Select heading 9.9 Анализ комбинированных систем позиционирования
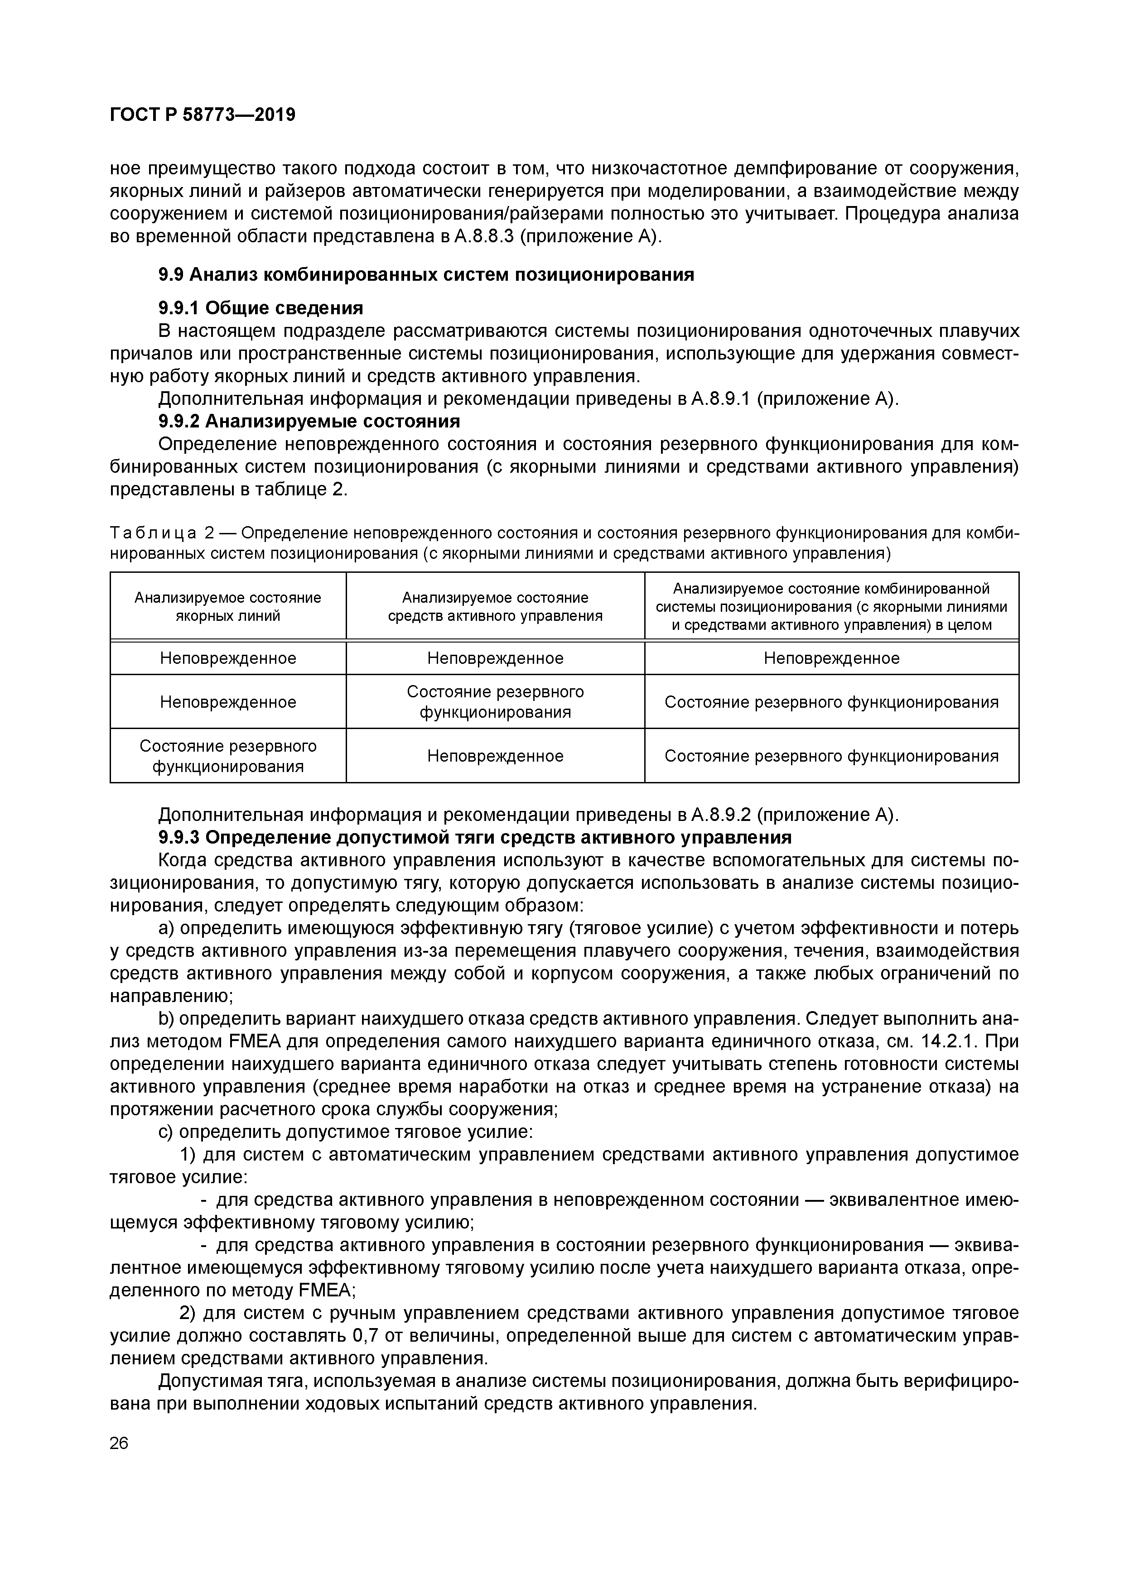pos(426,274)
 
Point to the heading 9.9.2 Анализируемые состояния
pos(309,421)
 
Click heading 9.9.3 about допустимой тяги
pos(475,838)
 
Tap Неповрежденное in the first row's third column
pos(831,658)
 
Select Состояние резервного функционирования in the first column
pos(228,756)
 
